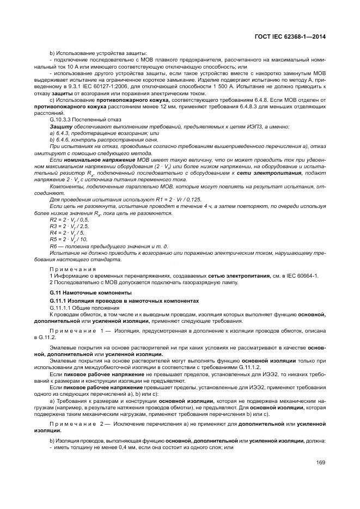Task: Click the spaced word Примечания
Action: [x=73, y=268]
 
